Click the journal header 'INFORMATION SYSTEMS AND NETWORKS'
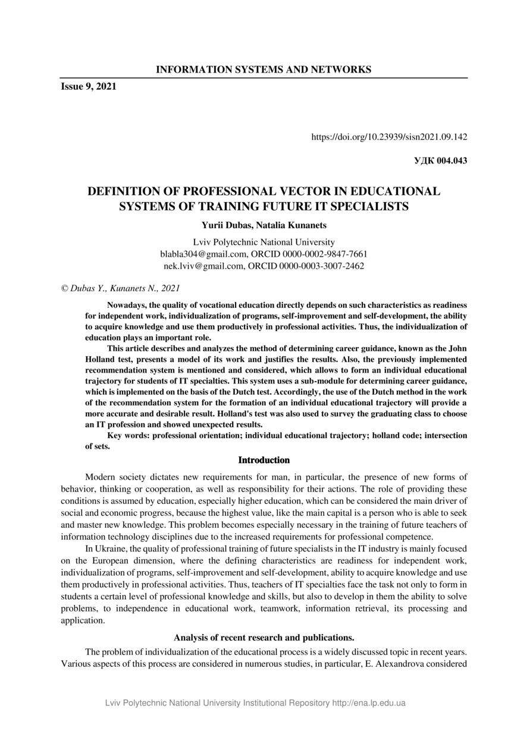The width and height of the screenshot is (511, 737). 263,70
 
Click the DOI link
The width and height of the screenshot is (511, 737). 389,137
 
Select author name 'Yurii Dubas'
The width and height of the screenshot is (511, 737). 228,226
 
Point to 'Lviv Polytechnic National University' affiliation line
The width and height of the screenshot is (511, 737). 264,242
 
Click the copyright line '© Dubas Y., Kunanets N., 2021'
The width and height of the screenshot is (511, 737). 120,288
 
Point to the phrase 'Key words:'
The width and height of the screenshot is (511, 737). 128,436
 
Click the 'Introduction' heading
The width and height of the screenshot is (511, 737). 264,460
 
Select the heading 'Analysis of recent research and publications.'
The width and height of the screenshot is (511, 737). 264,638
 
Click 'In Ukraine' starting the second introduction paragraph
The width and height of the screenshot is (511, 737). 105,548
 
